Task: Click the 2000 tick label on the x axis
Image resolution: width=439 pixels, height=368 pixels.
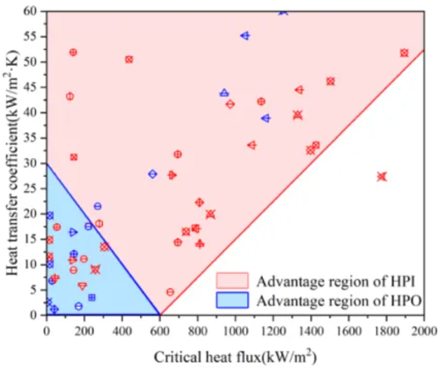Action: click(x=424, y=326)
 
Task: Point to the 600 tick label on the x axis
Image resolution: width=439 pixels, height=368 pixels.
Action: click(x=160, y=326)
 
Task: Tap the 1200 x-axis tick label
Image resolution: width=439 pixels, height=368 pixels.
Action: click(x=273, y=326)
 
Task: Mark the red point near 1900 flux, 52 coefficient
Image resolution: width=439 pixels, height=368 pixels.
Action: click(x=404, y=53)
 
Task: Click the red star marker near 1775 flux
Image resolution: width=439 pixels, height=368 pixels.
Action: click(x=382, y=177)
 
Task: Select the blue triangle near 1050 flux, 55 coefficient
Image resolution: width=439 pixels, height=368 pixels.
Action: click(x=245, y=36)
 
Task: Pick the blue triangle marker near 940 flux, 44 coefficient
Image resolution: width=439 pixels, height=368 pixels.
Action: click(x=224, y=93)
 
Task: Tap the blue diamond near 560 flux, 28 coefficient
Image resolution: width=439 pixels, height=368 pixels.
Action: click(x=153, y=174)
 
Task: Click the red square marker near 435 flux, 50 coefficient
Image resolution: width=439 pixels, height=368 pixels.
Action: click(x=129, y=60)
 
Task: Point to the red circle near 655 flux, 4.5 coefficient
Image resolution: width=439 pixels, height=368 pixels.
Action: click(x=170, y=292)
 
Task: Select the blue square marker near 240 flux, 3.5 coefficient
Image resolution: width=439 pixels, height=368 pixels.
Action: click(x=92, y=297)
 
